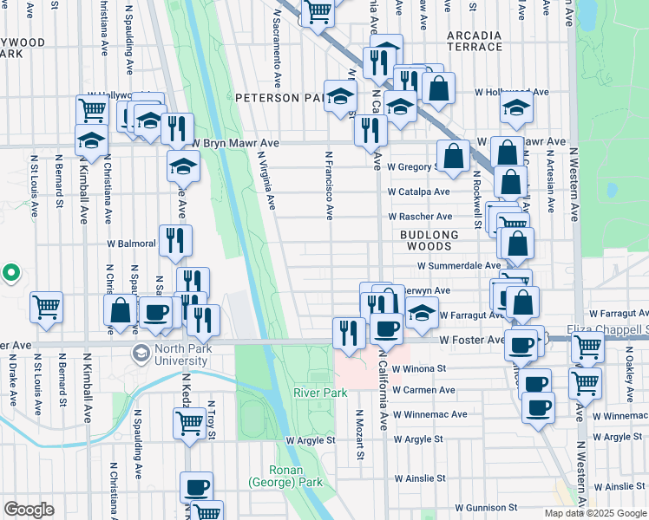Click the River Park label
click(320, 393)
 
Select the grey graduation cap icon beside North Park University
click(141, 354)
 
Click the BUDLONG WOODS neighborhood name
click(429, 240)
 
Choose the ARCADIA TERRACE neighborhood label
click(474, 41)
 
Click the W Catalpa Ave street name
click(418, 192)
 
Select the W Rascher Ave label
click(420, 216)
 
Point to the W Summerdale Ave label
click(458, 266)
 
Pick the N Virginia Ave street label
click(265, 181)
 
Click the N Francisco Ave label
click(330, 186)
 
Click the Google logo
click(29, 510)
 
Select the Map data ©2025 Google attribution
click(595, 513)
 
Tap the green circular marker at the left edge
click(10, 274)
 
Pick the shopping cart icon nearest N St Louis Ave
click(46, 305)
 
